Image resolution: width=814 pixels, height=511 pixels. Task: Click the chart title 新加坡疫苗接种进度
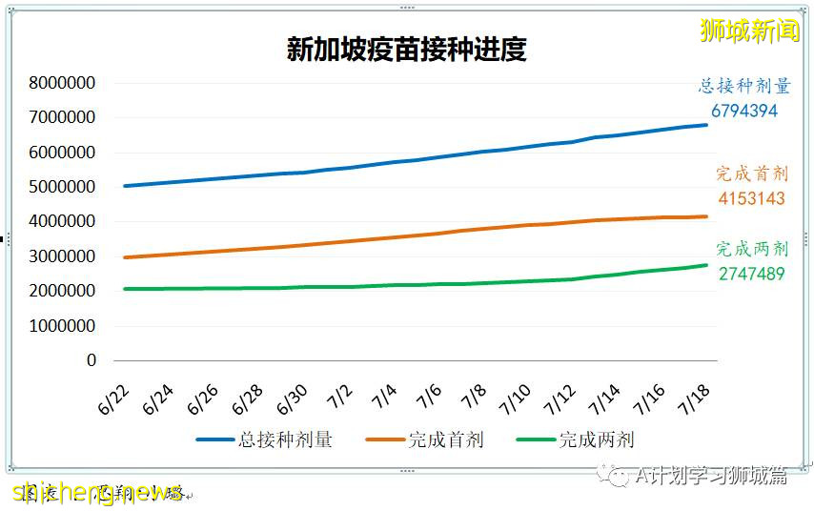(x=407, y=50)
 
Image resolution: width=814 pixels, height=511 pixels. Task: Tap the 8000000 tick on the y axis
(x=63, y=83)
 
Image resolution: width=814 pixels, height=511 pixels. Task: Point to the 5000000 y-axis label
(x=63, y=187)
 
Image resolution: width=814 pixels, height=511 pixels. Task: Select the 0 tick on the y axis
(x=92, y=360)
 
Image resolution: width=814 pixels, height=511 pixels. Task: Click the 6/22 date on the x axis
(x=112, y=399)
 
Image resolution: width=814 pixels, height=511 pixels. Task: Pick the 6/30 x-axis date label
(x=292, y=399)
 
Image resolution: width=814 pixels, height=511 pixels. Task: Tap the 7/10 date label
(x=516, y=399)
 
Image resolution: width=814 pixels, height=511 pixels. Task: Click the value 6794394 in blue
(x=743, y=111)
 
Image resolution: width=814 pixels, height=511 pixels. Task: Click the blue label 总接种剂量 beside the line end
(x=744, y=87)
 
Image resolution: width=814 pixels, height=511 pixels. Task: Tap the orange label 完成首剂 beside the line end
(x=752, y=174)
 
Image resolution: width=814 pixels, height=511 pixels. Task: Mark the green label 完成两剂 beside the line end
(x=752, y=250)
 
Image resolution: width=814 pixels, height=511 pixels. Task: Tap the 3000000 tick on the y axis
(x=63, y=256)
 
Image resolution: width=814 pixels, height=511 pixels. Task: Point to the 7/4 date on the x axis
(x=383, y=399)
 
